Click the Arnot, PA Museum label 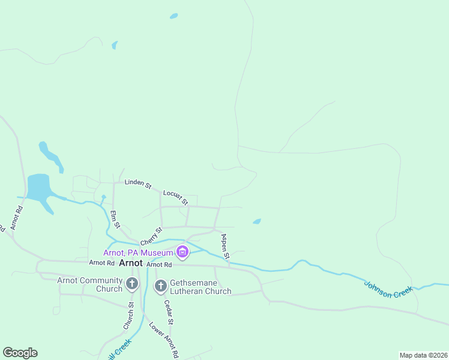click(x=138, y=253)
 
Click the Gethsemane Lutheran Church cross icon click(x=160, y=286)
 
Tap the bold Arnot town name click(x=131, y=263)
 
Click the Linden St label click(x=137, y=182)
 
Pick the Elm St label click(x=115, y=219)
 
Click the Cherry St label click(x=151, y=236)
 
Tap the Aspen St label click(x=225, y=247)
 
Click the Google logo click(x=20, y=353)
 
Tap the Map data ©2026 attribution click(x=423, y=355)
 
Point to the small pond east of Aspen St click(x=257, y=221)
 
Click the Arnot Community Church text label click(x=89, y=284)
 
